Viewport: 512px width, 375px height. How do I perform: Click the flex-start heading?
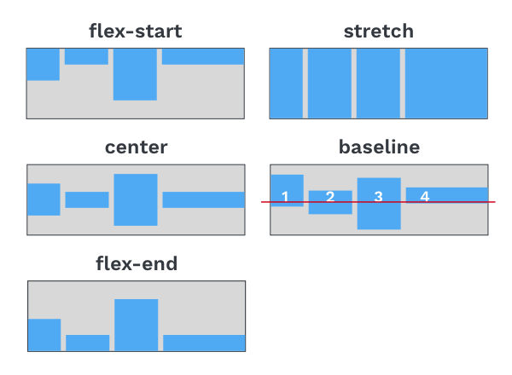coord(136,32)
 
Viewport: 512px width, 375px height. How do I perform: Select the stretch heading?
coord(379,32)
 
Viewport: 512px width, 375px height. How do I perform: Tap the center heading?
coord(137,147)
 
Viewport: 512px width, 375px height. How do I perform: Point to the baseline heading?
coord(379,147)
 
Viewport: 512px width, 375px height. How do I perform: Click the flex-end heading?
coord(137,263)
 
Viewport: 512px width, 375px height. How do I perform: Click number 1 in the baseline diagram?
coord(285,197)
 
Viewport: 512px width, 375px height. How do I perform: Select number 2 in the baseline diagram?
coord(330,197)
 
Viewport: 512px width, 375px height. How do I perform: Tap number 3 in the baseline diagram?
coord(378,197)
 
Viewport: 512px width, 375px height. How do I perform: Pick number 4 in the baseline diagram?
coord(425,196)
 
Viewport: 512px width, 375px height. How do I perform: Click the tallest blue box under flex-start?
coord(135,74)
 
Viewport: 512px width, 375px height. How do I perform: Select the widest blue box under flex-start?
coord(203,56)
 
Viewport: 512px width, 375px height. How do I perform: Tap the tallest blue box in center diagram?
coord(136,199)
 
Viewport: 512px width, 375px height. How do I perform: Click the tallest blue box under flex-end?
coord(137,325)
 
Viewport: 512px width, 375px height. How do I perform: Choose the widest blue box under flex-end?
coord(204,343)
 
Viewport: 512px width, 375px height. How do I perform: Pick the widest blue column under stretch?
coord(446,84)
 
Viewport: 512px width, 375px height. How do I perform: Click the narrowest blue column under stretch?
coord(286,84)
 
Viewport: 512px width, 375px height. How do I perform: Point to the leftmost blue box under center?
coord(44,199)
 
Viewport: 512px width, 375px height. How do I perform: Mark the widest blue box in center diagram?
coord(203,200)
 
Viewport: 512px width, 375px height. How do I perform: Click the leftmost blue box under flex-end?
coord(44,335)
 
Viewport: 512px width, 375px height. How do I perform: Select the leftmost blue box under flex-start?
coord(44,64)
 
